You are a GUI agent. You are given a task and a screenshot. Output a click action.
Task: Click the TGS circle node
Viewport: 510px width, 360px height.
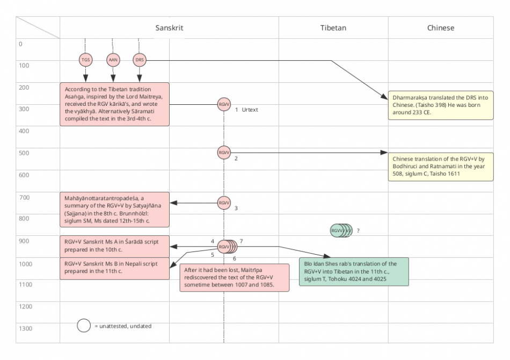85,60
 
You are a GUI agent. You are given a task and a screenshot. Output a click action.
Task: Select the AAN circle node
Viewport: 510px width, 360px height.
113,60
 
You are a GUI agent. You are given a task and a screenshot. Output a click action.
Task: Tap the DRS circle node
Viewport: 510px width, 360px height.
140,60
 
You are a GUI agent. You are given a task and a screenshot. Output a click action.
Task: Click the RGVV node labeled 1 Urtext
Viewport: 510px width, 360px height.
224,104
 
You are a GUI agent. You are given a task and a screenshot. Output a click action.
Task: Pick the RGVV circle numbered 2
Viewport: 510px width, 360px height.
224,153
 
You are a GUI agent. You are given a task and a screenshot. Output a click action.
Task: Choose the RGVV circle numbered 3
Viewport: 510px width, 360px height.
224,203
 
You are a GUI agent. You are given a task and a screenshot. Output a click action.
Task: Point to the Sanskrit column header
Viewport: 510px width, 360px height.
169,27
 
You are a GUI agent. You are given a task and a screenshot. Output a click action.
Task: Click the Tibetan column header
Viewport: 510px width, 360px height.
333,27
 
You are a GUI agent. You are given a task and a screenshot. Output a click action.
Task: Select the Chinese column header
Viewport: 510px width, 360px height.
440,27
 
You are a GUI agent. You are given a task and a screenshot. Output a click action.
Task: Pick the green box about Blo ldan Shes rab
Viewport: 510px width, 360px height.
354,271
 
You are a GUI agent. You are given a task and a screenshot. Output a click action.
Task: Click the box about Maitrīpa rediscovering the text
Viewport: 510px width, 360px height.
234,277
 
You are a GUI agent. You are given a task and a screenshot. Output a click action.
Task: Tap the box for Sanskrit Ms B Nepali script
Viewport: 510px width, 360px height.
114,268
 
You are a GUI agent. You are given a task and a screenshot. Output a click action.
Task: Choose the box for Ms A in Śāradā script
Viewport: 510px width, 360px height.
114,245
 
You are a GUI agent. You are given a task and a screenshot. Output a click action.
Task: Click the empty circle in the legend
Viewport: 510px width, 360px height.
83,326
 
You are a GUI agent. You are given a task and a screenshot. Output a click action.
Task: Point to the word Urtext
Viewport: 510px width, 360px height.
250,110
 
